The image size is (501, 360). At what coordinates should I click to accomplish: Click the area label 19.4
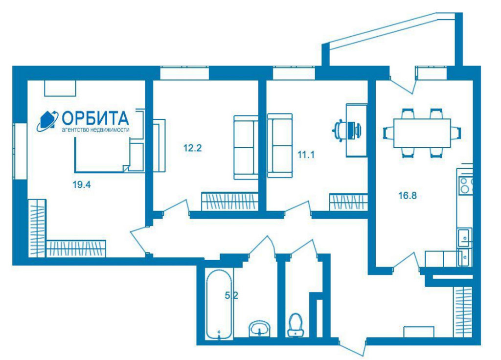[x=82, y=184]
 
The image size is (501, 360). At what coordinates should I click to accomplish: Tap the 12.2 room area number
[x=192, y=148]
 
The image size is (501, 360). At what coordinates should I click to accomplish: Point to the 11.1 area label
[x=306, y=155]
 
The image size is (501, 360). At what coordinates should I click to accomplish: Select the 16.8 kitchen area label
[x=408, y=195]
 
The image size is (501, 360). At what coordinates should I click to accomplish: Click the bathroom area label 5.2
[x=231, y=295]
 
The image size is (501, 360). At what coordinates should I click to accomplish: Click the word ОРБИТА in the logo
[x=95, y=118]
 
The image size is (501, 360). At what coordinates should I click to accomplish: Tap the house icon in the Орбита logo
[x=46, y=121]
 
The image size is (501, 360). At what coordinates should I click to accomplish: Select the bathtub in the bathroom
[x=219, y=305]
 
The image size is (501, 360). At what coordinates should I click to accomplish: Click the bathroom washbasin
[x=259, y=328]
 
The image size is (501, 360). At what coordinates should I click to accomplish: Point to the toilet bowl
[x=296, y=325]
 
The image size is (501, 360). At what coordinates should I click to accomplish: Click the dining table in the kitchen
[x=422, y=133]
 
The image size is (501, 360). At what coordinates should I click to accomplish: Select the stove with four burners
[x=466, y=185]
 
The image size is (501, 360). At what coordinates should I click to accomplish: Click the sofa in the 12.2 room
[x=246, y=147]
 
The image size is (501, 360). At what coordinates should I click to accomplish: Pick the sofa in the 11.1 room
[x=280, y=145]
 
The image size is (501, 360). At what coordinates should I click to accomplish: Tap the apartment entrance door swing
[x=353, y=347]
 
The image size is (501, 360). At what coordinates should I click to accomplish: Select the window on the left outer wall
[x=20, y=151]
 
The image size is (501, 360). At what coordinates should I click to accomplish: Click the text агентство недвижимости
[x=95, y=130]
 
